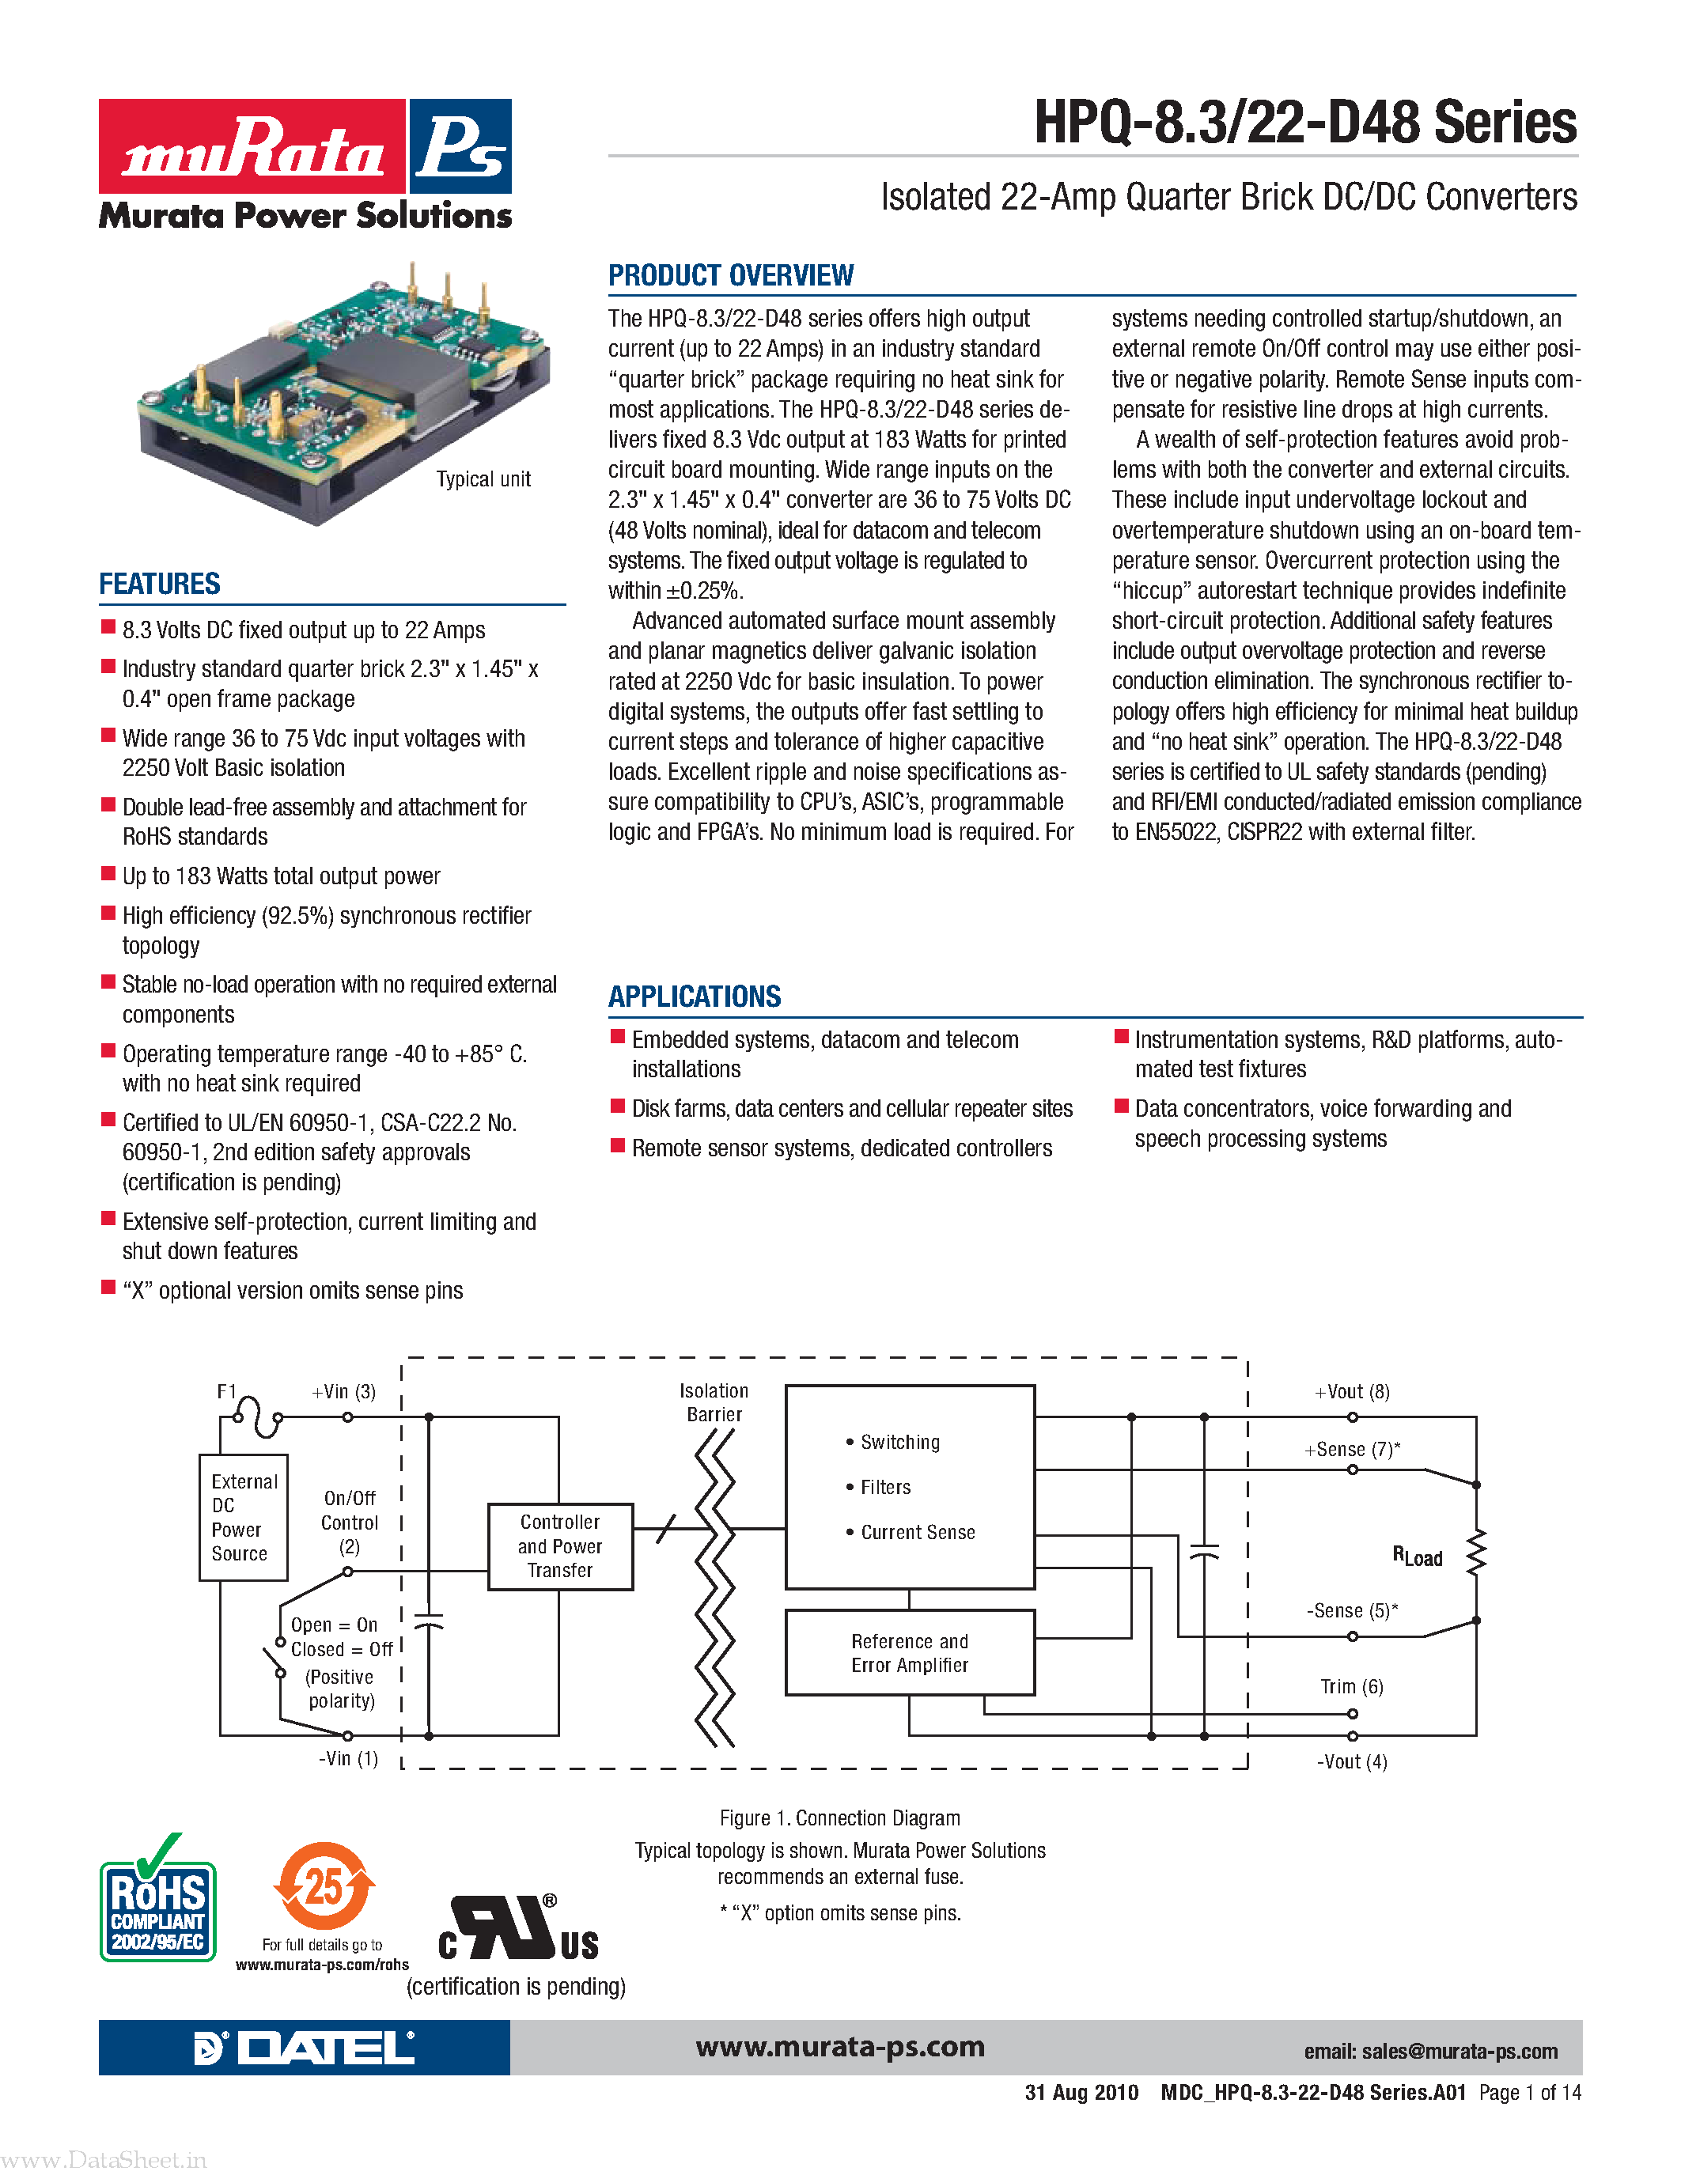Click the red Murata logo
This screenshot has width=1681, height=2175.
pyautogui.click(x=252, y=146)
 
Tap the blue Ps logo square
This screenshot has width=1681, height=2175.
pyautogui.click(x=460, y=146)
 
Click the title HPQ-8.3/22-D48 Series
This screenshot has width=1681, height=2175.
pyautogui.click(x=1304, y=123)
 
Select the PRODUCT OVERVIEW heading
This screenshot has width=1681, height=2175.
pyautogui.click(x=730, y=276)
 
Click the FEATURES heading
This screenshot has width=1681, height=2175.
pyautogui.click(x=159, y=584)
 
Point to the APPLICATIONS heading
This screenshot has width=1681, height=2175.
pyautogui.click(x=694, y=997)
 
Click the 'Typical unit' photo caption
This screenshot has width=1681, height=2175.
pyautogui.click(x=483, y=479)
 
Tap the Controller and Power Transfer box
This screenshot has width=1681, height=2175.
pyautogui.click(x=559, y=1546)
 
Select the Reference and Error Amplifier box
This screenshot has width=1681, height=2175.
pyautogui.click(x=909, y=1653)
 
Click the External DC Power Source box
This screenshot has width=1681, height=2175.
pyautogui.click(x=243, y=1518)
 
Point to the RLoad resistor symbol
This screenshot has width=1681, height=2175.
pyautogui.click(x=1476, y=1553)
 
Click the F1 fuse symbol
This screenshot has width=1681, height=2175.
pyautogui.click(x=258, y=1415)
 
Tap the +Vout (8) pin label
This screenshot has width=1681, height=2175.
pyautogui.click(x=1351, y=1392)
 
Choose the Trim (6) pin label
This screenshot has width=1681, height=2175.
pyautogui.click(x=1351, y=1687)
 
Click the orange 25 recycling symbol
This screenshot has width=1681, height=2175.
pyautogui.click(x=324, y=1886)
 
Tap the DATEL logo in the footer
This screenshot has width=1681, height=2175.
pyautogui.click(x=304, y=2048)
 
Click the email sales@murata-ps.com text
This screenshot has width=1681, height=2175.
pyautogui.click(x=1430, y=2052)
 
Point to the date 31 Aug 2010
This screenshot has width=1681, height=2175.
pyautogui.click(x=1081, y=2092)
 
